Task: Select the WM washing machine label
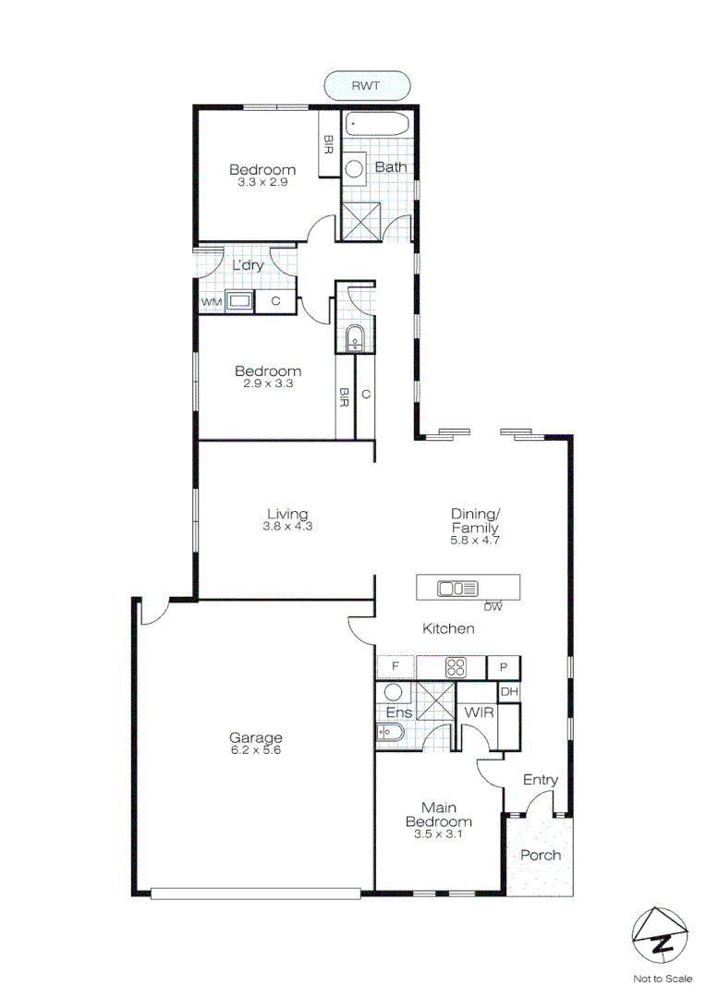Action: [x=211, y=301]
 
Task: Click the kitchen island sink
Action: [x=456, y=588]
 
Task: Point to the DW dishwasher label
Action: [x=493, y=607]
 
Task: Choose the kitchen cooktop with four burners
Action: [x=455, y=666]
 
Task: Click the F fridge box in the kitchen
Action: [x=395, y=666]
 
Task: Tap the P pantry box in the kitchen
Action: [x=504, y=666]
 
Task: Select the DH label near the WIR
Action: [x=508, y=691]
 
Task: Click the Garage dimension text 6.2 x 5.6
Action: [x=255, y=751]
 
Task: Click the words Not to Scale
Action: [x=662, y=978]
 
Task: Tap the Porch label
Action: [x=540, y=855]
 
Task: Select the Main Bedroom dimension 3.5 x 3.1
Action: [x=439, y=834]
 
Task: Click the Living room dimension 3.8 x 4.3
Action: [x=287, y=527]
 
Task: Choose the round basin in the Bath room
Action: [x=355, y=168]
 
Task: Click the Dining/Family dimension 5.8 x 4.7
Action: [x=475, y=541]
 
